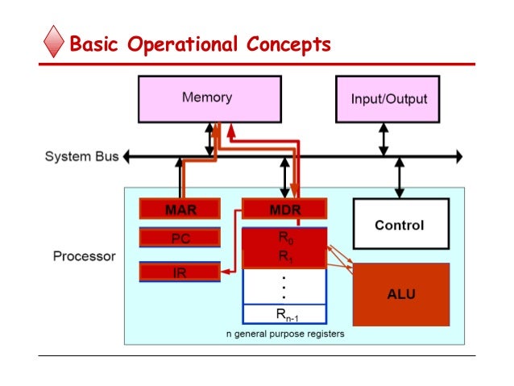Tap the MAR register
180,210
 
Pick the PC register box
180,239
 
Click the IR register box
180,272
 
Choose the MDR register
284,210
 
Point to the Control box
399,226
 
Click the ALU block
400,294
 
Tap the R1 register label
284,257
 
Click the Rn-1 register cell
284,314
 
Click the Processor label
84,257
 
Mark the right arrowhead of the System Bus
458,156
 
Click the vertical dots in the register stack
284,286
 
